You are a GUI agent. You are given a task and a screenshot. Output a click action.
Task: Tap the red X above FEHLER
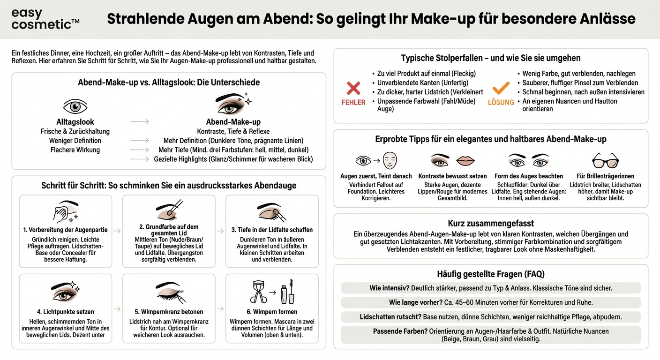pyautogui.click(x=353, y=88)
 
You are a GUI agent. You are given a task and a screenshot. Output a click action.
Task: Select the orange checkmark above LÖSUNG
pyautogui.click(x=501, y=88)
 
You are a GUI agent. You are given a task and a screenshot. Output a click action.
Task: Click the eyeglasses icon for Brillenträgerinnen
pyautogui.click(x=605, y=160)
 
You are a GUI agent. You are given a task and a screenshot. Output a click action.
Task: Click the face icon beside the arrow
pyautogui.click(x=390, y=161)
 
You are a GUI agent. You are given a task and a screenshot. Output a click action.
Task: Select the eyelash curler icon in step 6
pyautogui.click(x=259, y=293)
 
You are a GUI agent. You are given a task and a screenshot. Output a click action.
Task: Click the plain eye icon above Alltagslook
pyautogui.click(x=75, y=106)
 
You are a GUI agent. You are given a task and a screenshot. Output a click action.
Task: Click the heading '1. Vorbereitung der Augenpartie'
pyautogui.click(x=66, y=230)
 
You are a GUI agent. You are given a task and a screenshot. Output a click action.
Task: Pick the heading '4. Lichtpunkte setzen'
pyautogui.click(x=66, y=312)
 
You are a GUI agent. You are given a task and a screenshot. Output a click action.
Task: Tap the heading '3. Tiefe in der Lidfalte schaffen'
pyautogui.click(x=272, y=230)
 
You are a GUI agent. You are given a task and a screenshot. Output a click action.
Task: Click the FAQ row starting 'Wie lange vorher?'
pyautogui.click(x=490, y=302)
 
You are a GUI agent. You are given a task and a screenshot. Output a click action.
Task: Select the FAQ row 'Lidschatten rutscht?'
pyautogui.click(x=490, y=317)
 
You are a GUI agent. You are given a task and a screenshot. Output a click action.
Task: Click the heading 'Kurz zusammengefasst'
pyautogui.click(x=490, y=224)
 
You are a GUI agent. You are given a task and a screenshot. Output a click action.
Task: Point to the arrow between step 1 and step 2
pyautogui.click(x=117, y=231)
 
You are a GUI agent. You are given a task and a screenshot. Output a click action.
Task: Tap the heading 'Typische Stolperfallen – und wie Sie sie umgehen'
pyautogui.click(x=490, y=58)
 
